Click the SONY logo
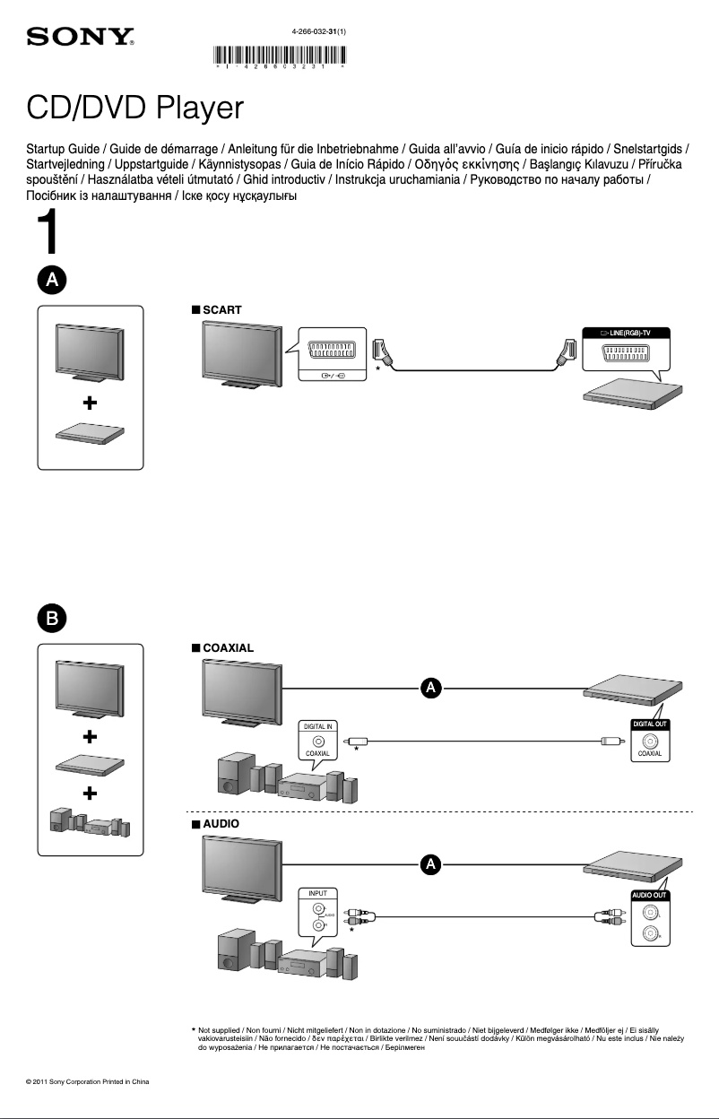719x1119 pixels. (81, 39)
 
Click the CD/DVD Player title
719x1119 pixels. (135, 109)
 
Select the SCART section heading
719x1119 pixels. (221, 309)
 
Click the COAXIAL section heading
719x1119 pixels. (228, 646)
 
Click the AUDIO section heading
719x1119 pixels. (221, 821)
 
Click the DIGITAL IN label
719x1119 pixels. (318, 724)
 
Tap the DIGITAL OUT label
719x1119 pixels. (650, 724)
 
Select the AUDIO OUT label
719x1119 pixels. (650, 895)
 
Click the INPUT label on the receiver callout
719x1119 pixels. (318, 894)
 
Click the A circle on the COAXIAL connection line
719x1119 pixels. (431, 688)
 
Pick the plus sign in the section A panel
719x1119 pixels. (91, 403)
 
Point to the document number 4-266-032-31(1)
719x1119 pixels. (319, 31)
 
